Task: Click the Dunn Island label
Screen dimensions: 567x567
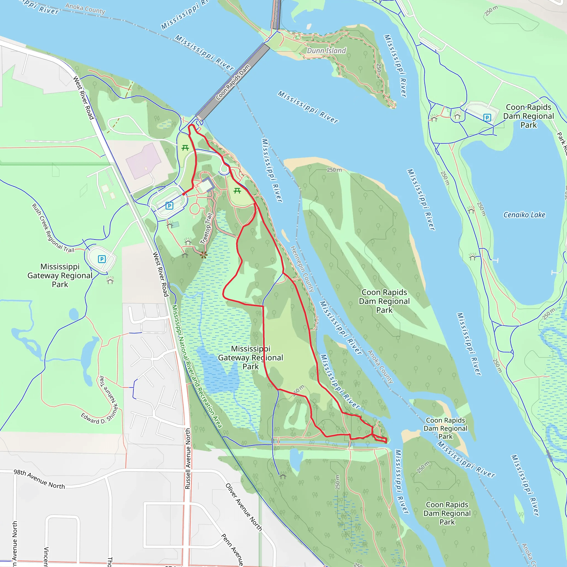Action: coord(326,51)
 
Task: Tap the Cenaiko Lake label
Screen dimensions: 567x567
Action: coord(524,215)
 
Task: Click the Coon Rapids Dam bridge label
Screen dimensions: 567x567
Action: coord(233,82)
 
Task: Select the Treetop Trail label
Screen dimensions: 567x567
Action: coord(206,229)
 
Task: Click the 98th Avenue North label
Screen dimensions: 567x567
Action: coord(39,479)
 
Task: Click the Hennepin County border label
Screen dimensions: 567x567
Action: coord(302,269)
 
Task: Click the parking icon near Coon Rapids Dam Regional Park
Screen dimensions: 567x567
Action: coord(487,118)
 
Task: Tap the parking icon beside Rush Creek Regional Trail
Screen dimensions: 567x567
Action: coord(102,259)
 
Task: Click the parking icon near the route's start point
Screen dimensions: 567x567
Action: coord(169,206)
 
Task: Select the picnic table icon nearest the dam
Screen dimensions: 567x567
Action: coord(185,148)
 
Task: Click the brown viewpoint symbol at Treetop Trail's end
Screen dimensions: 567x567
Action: coord(204,254)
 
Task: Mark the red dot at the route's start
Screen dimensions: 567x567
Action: coord(184,194)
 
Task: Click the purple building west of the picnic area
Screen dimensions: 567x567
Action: coord(143,161)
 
